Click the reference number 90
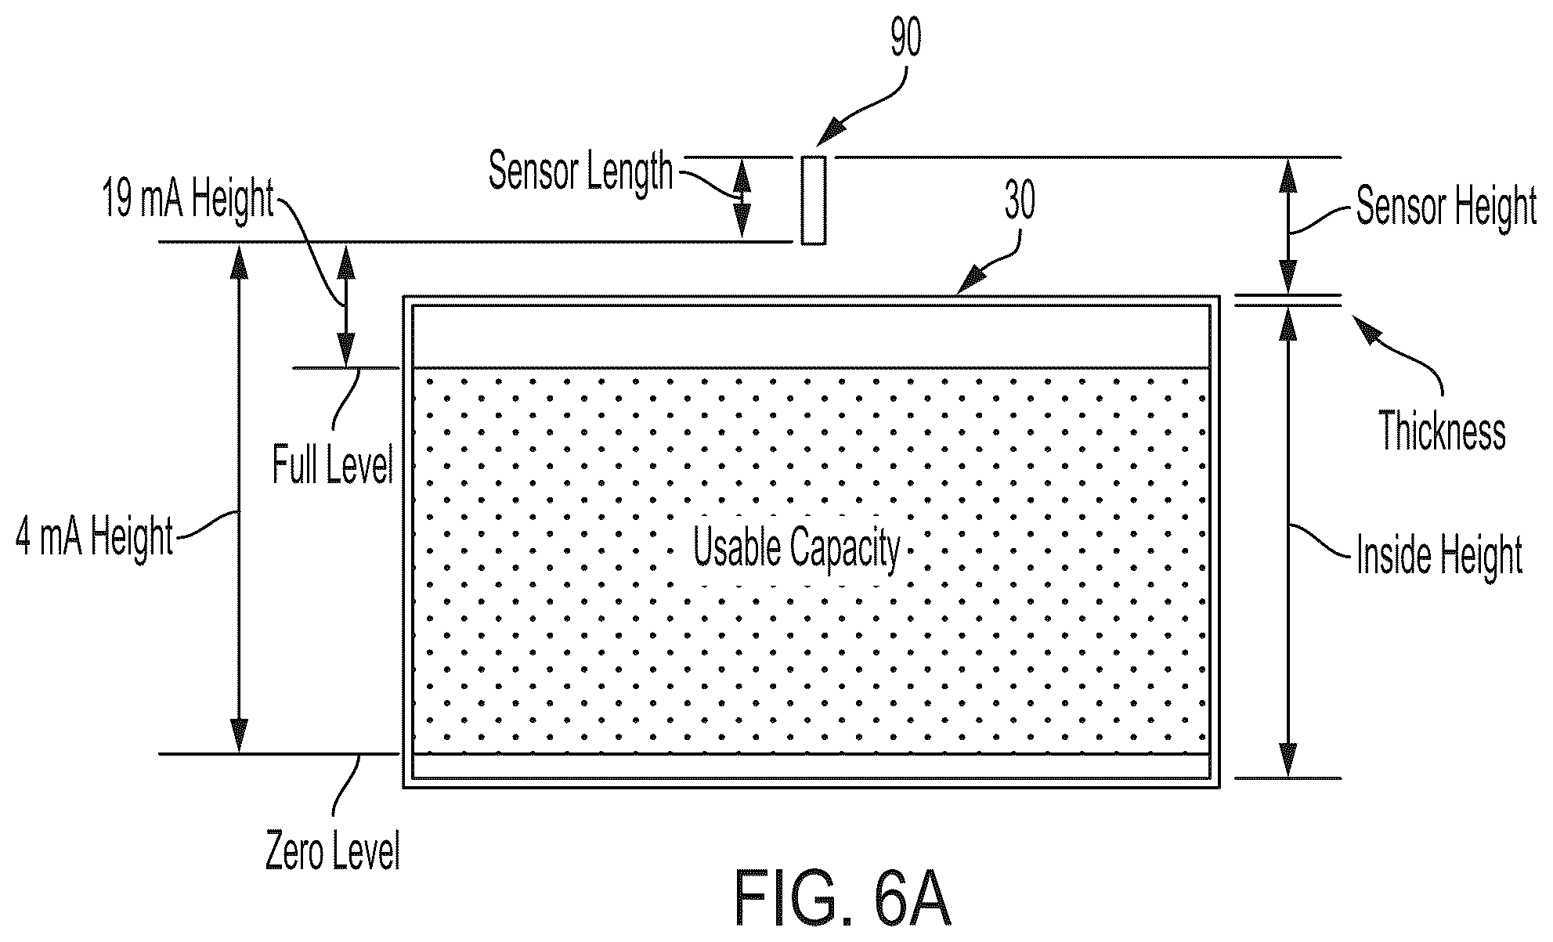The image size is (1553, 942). (906, 38)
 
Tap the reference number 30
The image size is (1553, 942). (1020, 201)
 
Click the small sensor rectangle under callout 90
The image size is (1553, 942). (813, 200)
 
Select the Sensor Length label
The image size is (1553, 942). (580, 171)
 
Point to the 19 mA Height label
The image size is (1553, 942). (188, 200)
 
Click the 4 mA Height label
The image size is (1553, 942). (94, 538)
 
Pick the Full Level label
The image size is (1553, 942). (333, 465)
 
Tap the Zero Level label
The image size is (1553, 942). (333, 852)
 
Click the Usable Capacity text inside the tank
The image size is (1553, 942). (797, 548)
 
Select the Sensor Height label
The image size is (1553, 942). (1446, 208)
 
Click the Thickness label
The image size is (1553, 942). (1443, 431)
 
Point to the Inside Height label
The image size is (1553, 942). (1439, 555)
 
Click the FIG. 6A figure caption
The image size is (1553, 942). (843, 898)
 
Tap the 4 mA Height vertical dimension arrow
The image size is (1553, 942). (239, 498)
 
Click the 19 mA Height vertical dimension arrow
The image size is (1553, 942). (345, 305)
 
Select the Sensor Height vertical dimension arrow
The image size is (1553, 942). (1287, 226)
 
